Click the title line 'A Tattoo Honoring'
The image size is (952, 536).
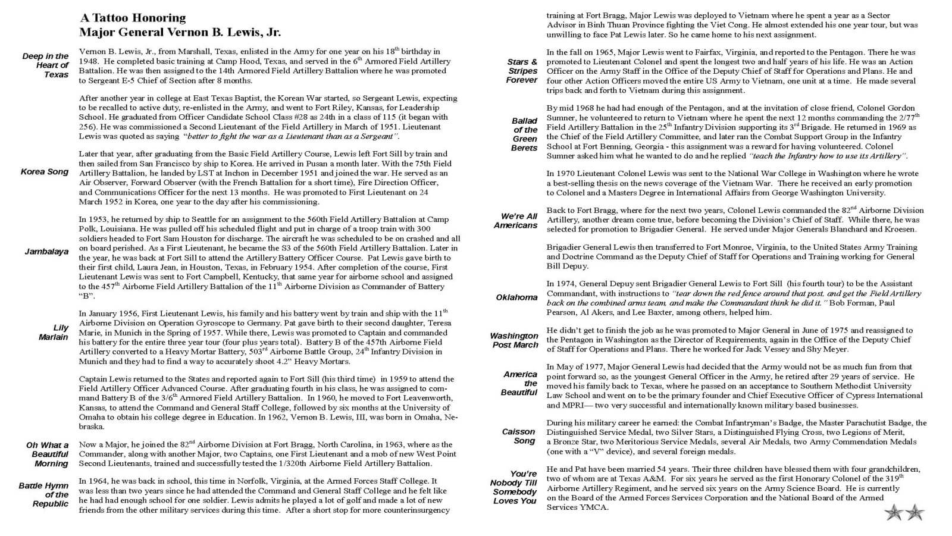pos(133,18)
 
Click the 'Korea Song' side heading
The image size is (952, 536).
pos(45,172)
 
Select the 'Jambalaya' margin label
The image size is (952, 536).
pos(46,252)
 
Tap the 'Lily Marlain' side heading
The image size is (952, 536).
pos(54,333)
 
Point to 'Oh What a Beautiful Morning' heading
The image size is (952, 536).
pos(47,454)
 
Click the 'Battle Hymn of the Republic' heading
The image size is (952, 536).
pos(43,495)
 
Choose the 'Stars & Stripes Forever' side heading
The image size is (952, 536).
pos(522,71)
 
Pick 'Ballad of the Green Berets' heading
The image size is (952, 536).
pos(524,134)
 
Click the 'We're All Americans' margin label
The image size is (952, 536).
pos(516,221)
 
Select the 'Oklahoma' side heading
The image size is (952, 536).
pos(516,297)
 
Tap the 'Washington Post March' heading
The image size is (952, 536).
pos(514,340)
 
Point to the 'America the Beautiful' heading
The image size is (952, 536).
pos(520,383)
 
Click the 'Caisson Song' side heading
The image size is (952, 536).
pos(518,436)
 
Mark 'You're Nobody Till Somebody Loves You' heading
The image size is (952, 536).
pos(513,487)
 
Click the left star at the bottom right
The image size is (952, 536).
pos(893,512)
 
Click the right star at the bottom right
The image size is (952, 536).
pos(915,512)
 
